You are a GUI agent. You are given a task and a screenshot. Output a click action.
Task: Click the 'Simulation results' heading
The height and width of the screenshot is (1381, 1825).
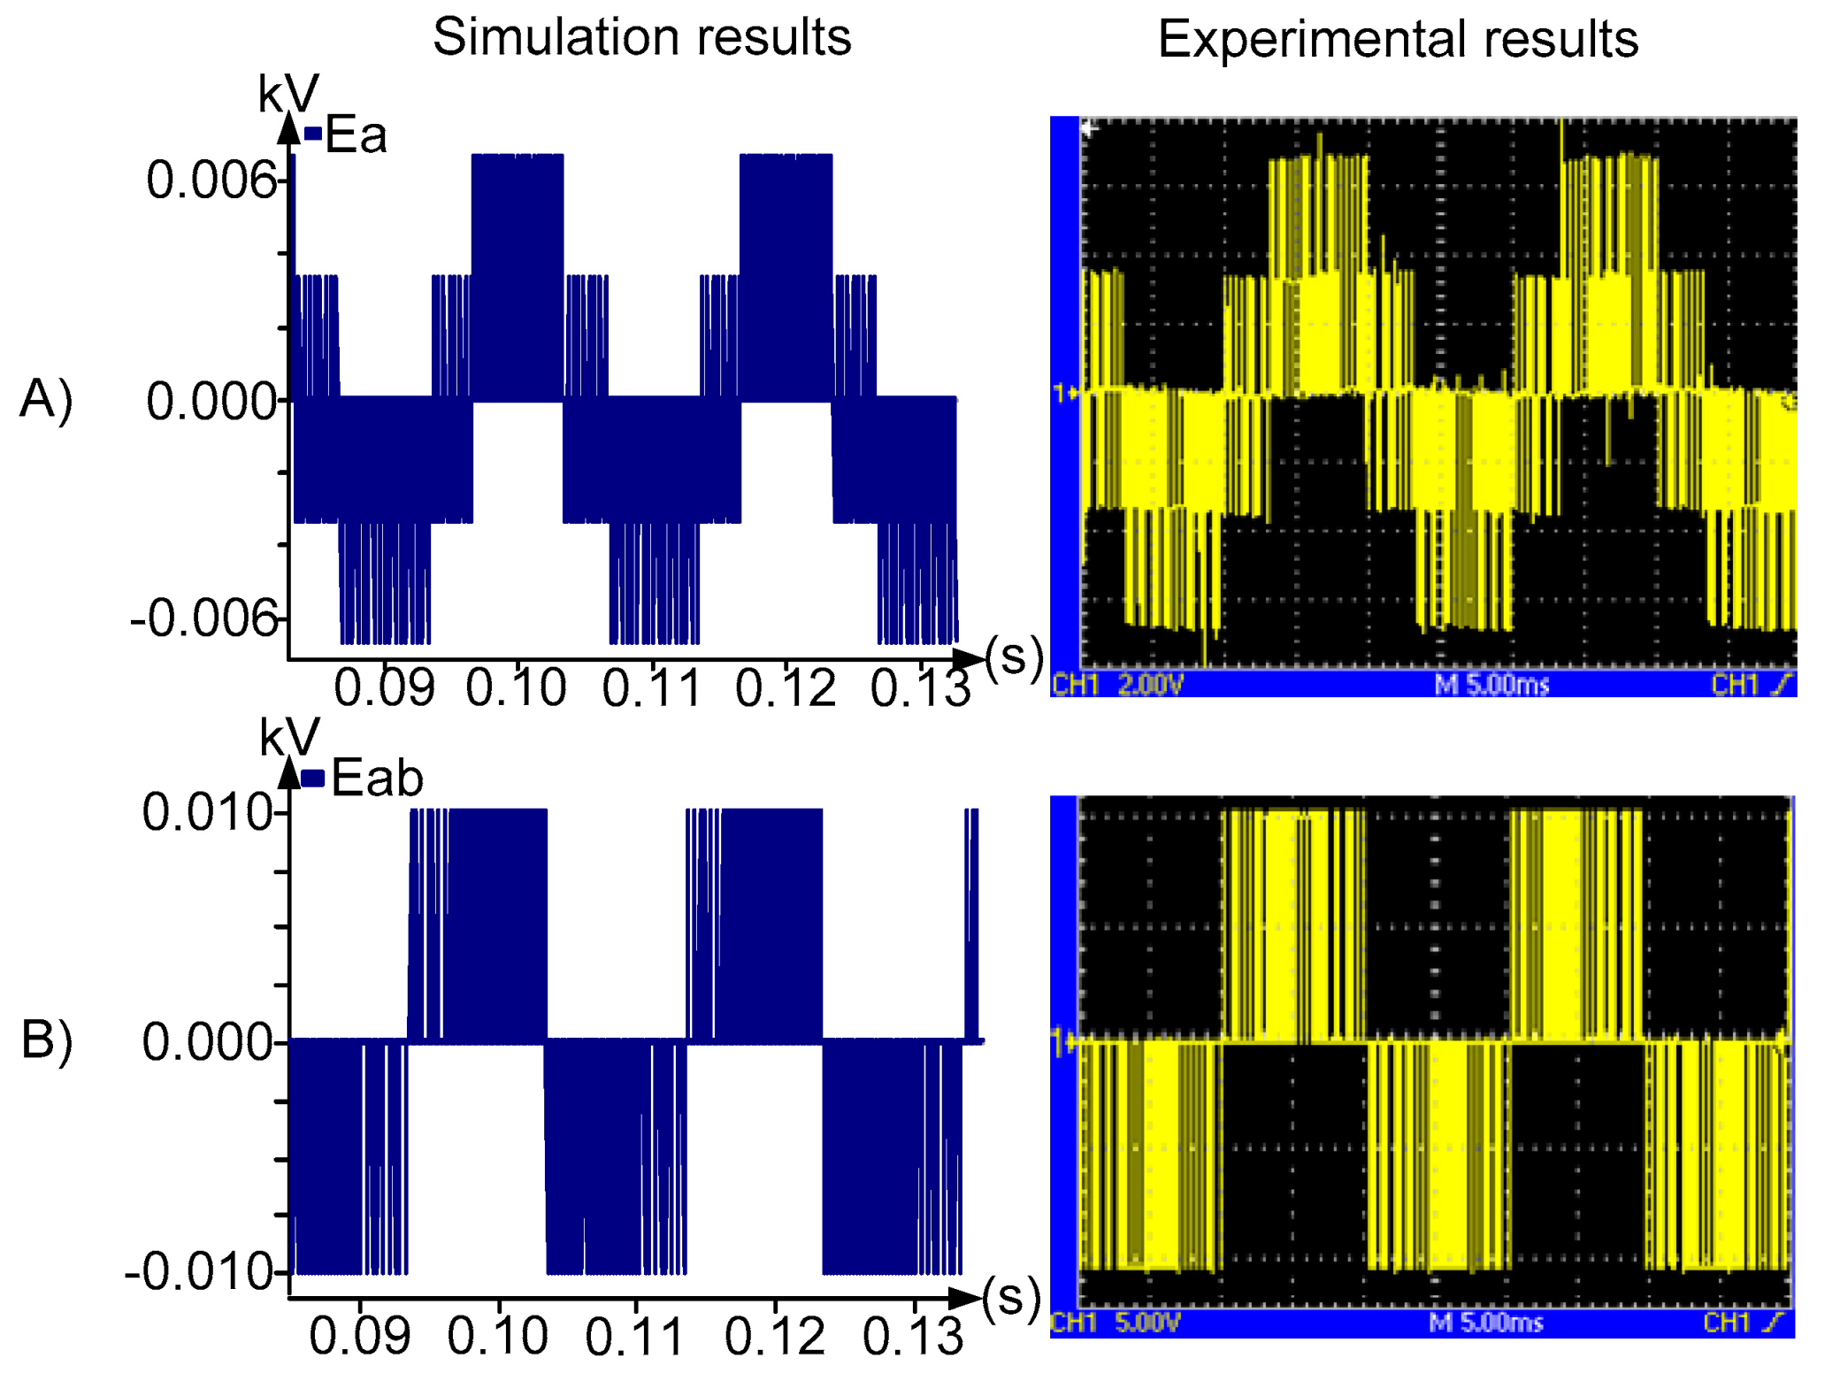pyautogui.click(x=641, y=37)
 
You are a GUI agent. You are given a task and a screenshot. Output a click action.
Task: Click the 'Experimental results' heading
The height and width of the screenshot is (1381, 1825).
pyautogui.click(x=1398, y=40)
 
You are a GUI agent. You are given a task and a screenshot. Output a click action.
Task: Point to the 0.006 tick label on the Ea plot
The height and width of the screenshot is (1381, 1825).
pyautogui.click(x=211, y=180)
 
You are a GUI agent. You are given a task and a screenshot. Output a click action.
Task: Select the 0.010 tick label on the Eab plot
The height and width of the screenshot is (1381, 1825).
pyautogui.click(x=207, y=812)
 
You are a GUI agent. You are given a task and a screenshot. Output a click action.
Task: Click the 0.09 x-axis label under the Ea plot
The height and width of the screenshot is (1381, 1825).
pyautogui.click(x=385, y=688)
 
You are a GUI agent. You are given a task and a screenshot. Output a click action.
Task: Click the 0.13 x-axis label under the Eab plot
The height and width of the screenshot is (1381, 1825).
pyautogui.click(x=913, y=1336)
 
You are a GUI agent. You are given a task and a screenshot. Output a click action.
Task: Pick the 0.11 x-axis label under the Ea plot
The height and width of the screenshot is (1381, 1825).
pyautogui.click(x=652, y=688)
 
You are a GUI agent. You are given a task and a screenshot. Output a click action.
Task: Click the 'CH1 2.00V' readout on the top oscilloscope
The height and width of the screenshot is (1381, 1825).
pyautogui.click(x=1117, y=684)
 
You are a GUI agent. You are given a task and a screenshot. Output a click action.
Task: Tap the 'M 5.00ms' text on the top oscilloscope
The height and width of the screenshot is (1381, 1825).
pyautogui.click(x=1491, y=684)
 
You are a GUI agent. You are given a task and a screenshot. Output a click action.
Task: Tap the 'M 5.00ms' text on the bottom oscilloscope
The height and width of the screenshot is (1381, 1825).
pyautogui.click(x=1486, y=1323)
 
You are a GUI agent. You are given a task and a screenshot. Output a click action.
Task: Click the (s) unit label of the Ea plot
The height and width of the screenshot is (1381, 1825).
pyautogui.click(x=1014, y=657)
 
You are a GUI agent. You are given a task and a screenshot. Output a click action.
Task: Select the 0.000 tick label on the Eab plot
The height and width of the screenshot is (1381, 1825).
pyautogui.click(x=207, y=1042)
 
